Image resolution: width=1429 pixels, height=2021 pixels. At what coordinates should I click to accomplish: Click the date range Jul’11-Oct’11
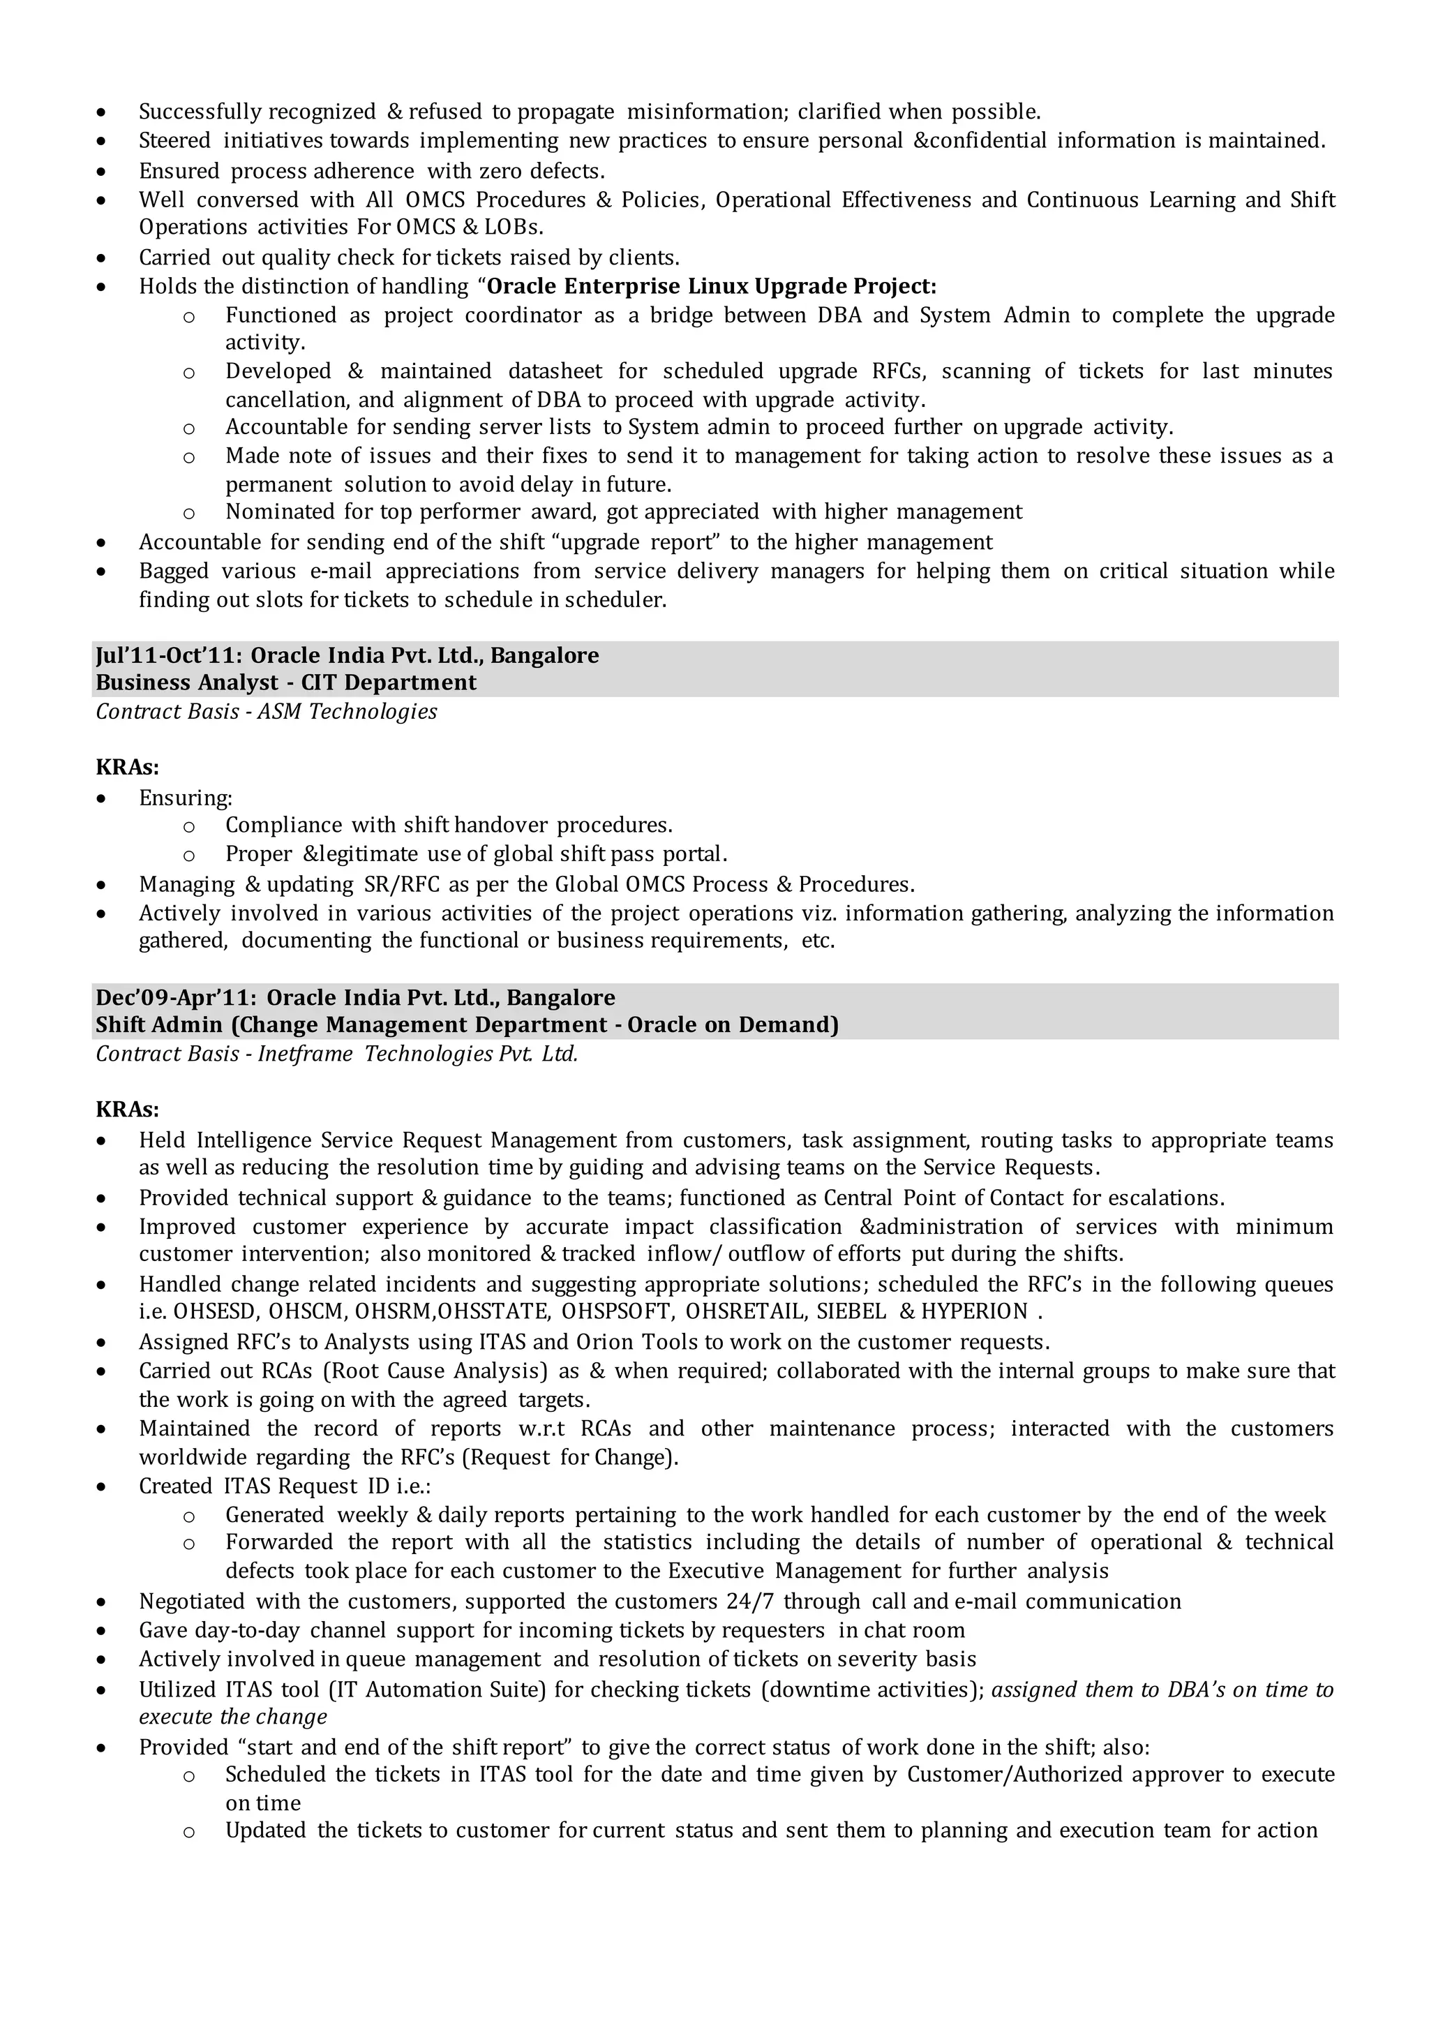[168, 656]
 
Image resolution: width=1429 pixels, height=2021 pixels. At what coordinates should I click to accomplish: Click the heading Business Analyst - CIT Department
[285, 683]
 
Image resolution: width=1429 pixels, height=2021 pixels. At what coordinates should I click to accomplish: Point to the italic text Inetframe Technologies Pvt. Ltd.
[417, 1054]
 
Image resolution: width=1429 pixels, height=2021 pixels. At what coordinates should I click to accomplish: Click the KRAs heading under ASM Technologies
[127, 768]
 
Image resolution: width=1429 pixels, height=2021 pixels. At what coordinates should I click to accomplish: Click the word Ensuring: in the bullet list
[185, 798]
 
